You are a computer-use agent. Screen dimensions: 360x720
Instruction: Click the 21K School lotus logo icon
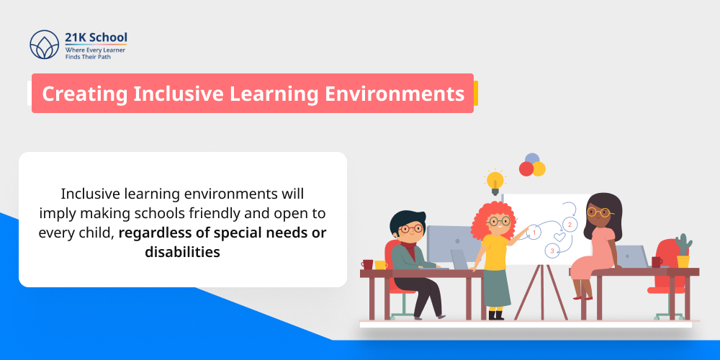point(44,45)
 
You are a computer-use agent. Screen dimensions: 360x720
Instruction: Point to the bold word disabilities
point(182,252)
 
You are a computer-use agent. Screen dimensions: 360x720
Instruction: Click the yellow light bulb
point(495,180)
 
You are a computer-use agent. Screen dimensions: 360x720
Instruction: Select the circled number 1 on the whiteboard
point(534,233)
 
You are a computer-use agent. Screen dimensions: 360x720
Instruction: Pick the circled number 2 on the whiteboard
point(570,225)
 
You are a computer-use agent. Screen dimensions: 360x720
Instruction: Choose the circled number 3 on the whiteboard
point(552,251)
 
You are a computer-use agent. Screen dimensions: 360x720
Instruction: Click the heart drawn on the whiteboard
point(559,236)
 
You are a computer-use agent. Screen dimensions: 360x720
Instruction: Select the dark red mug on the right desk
point(656,262)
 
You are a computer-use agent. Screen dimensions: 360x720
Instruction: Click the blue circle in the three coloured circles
point(532,159)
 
